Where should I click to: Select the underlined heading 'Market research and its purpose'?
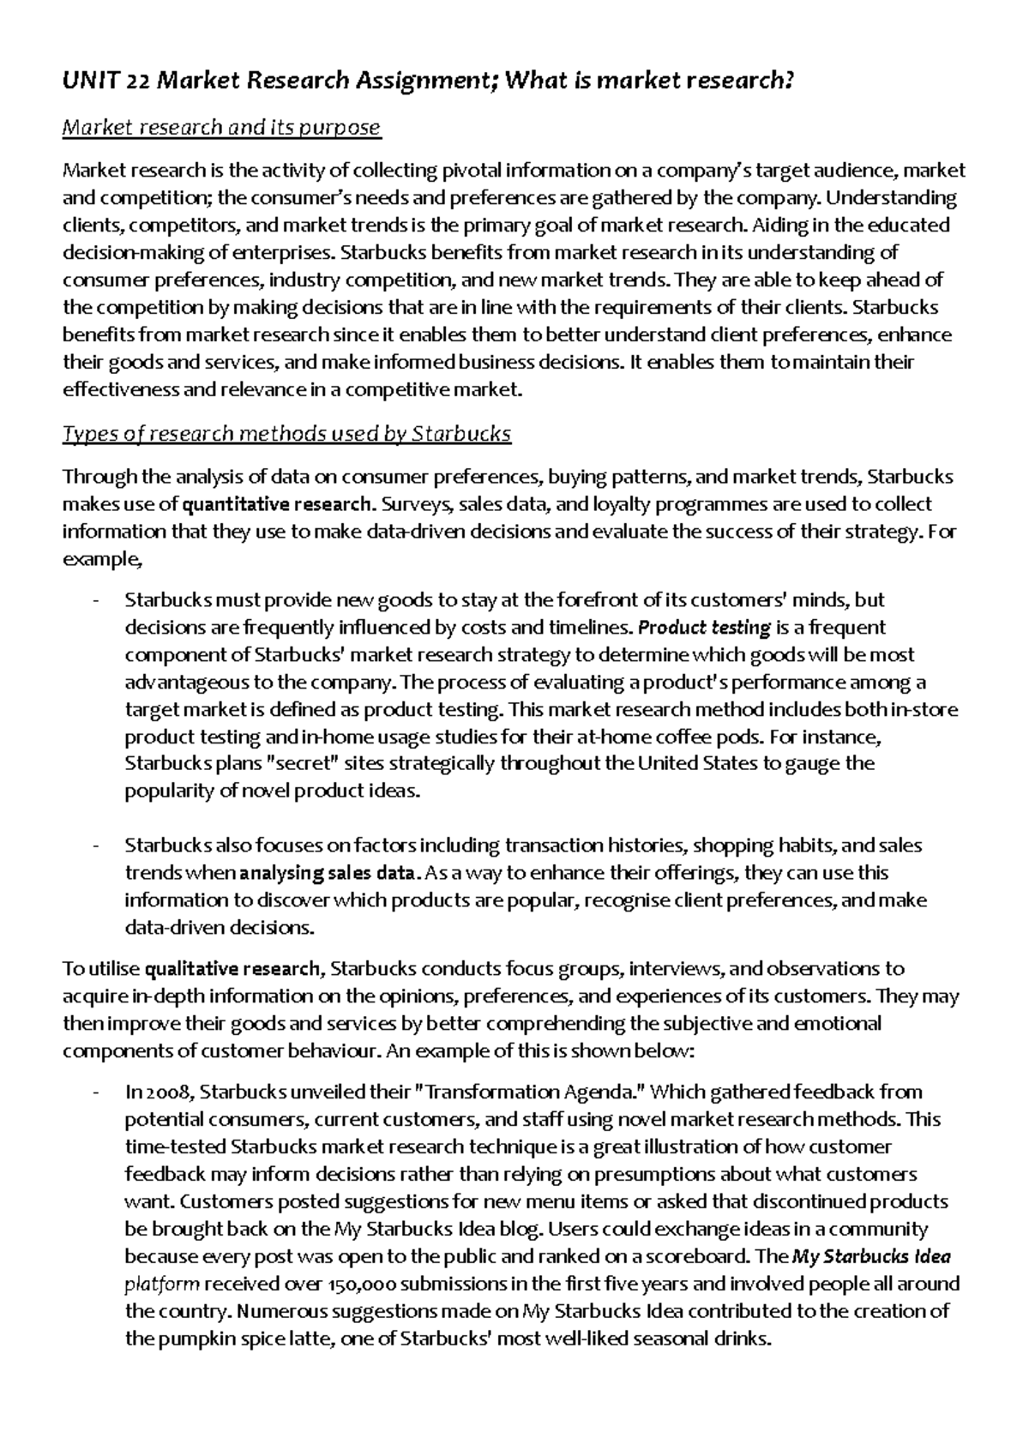point(221,128)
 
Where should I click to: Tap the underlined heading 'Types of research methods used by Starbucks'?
point(286,434)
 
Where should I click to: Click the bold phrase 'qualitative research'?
point(233,970)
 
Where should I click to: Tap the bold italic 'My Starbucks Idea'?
point(871,1258)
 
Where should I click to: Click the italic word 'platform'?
point(162,1285)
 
